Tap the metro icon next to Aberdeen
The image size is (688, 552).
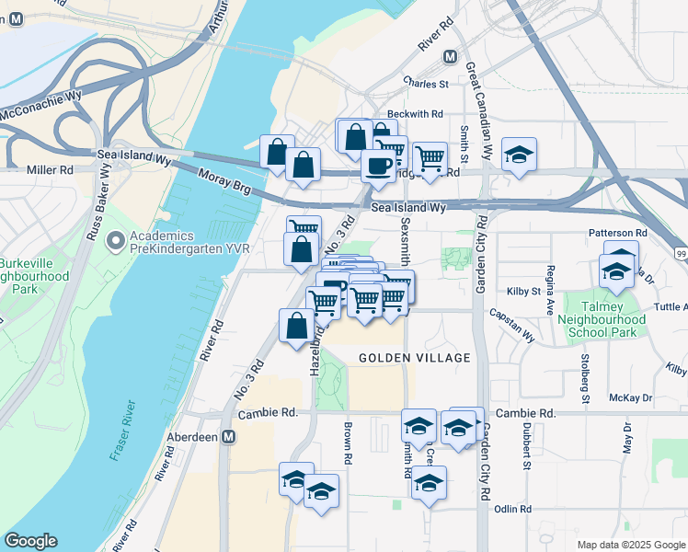[x=229, y=438]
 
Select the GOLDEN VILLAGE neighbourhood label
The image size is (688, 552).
[x=414, y=358]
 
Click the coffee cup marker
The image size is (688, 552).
[x=377, y=165]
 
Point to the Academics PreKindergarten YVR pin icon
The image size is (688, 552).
[x=115, y=242]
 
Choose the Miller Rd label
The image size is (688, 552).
[x=50, y=170]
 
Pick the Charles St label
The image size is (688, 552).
[x=425, y=84]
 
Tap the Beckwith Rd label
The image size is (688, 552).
[x=419, y=114]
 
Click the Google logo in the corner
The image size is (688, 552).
[x=30, y=541]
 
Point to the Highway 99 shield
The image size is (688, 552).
[x=679, y=251]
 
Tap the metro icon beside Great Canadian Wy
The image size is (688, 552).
[x=450, y=57]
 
